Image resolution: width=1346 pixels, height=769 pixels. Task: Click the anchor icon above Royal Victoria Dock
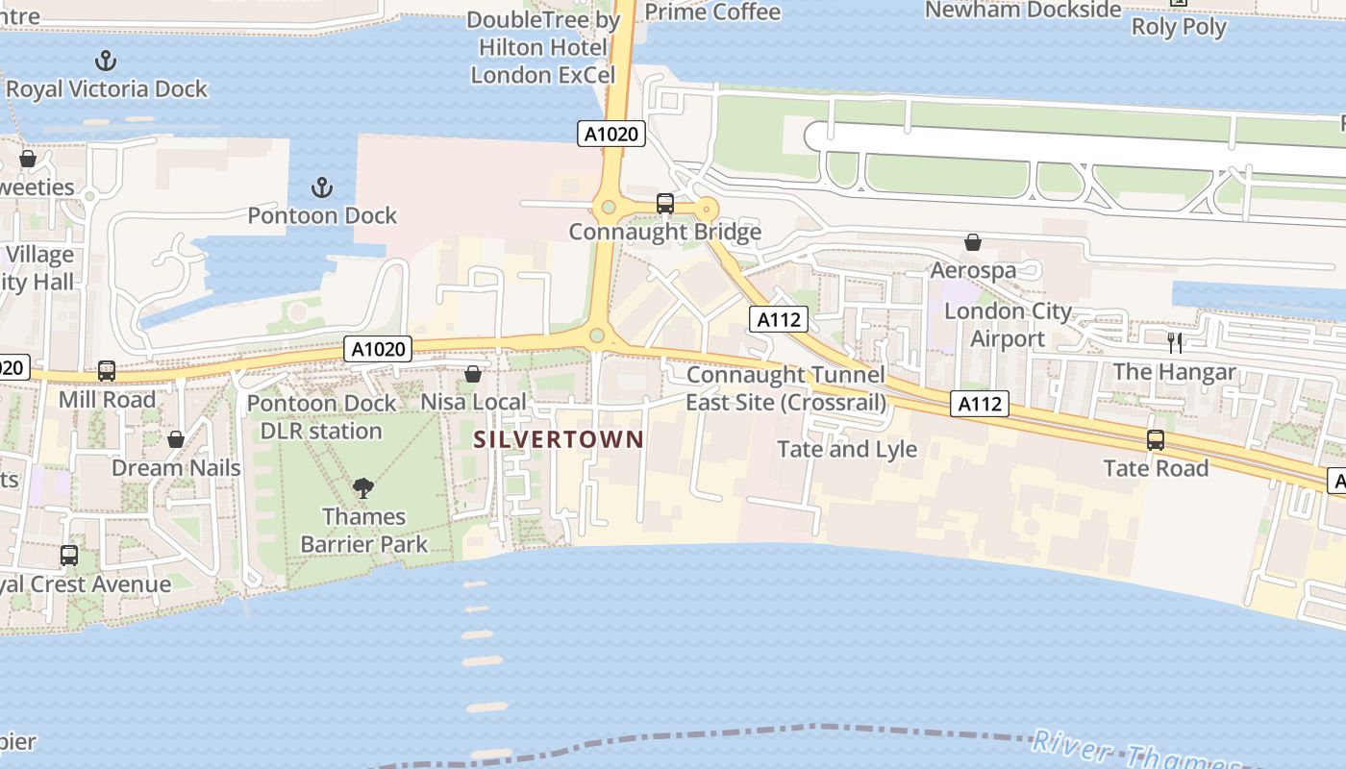106,62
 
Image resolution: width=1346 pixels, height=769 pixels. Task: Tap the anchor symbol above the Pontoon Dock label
322,187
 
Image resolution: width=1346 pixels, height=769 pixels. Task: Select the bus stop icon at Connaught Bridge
664,204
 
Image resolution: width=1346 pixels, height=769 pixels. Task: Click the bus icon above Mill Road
107,371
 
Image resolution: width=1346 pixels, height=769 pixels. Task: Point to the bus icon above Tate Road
1156,440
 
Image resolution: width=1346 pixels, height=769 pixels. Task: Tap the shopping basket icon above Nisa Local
473,374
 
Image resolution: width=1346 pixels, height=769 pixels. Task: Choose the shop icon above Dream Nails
176,440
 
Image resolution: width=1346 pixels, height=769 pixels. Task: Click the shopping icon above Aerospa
973,242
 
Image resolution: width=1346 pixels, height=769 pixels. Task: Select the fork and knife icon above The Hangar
1174,343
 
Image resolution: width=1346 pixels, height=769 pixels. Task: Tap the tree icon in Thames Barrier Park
363,488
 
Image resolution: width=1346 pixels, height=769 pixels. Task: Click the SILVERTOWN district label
559,439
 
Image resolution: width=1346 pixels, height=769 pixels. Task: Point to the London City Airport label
1008,325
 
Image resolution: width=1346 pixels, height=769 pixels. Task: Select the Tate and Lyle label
847,449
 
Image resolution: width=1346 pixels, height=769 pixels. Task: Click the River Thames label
1134,755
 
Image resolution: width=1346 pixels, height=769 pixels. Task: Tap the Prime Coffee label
712,12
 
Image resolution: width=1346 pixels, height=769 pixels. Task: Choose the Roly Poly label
1179,27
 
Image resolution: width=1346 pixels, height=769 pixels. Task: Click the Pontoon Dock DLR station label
321,416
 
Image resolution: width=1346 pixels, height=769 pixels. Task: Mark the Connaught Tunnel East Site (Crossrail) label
785,388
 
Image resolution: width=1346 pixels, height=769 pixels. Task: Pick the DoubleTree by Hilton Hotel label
543,47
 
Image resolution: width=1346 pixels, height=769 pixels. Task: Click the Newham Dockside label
1023,10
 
